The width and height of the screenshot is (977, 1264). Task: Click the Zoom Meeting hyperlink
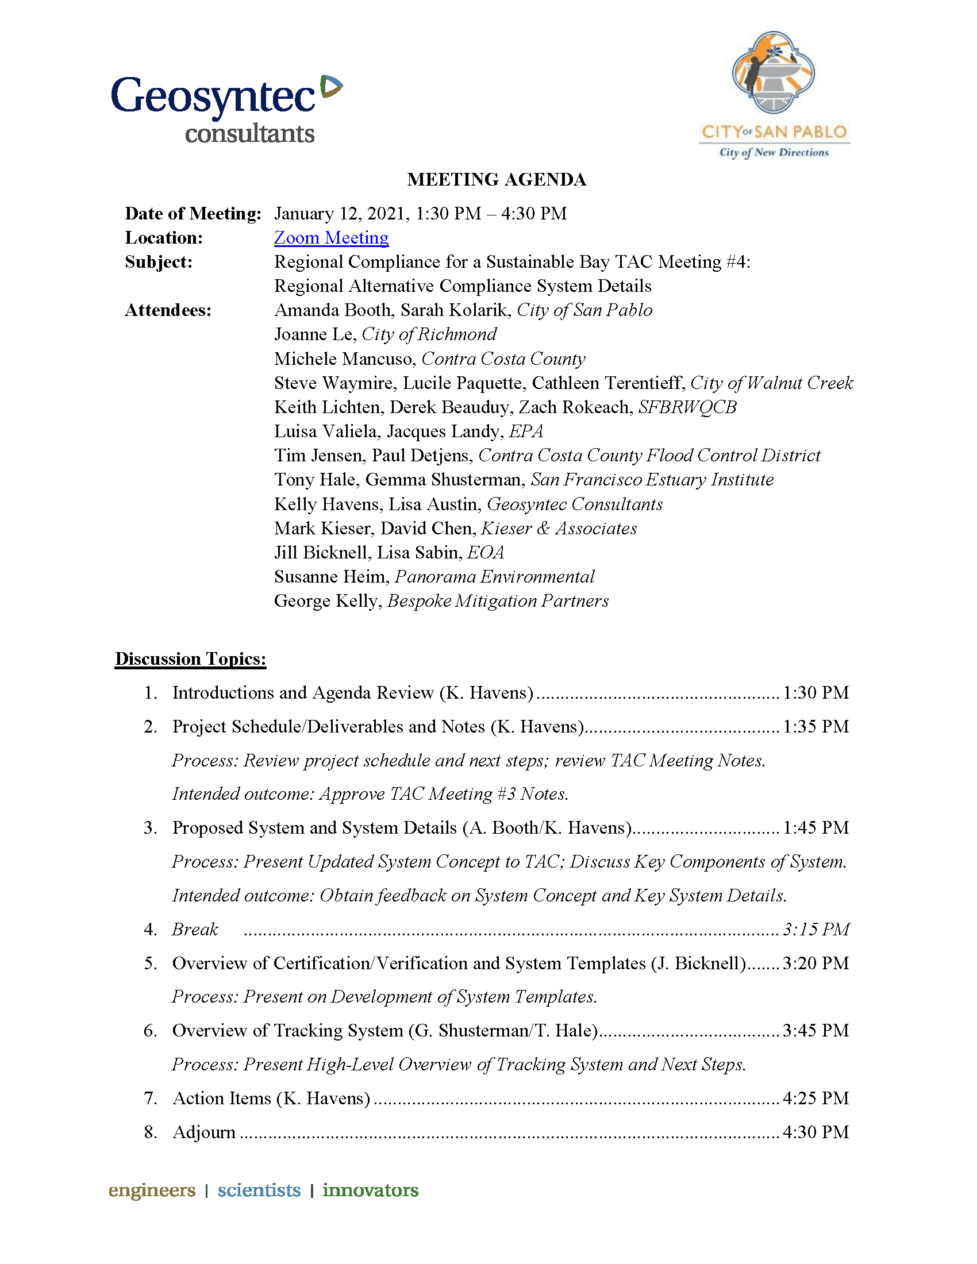point(331,238)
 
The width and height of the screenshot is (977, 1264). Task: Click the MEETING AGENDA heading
point(497,180)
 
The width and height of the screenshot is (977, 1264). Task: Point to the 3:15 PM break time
point(816,930)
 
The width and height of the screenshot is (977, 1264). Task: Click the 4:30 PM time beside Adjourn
point(816,1132)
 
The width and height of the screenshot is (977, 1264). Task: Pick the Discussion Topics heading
point(190,659)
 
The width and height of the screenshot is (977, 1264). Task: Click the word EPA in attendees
point(525,431)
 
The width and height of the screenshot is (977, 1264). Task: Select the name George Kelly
point(326,601)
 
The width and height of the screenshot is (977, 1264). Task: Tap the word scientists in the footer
point(259,1190)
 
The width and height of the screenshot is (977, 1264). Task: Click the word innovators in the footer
point(371,1190)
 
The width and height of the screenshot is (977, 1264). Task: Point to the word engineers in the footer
point(152,1190)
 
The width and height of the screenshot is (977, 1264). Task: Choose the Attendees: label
point(168,311)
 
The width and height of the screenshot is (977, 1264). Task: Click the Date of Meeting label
point(193,214)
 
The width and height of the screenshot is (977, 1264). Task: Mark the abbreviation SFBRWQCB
point(687,407)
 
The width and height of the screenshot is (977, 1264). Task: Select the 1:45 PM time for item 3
point(816,828)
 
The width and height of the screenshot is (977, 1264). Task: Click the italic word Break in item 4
point(195,930)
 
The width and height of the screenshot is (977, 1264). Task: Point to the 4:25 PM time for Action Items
point(816,1099)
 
